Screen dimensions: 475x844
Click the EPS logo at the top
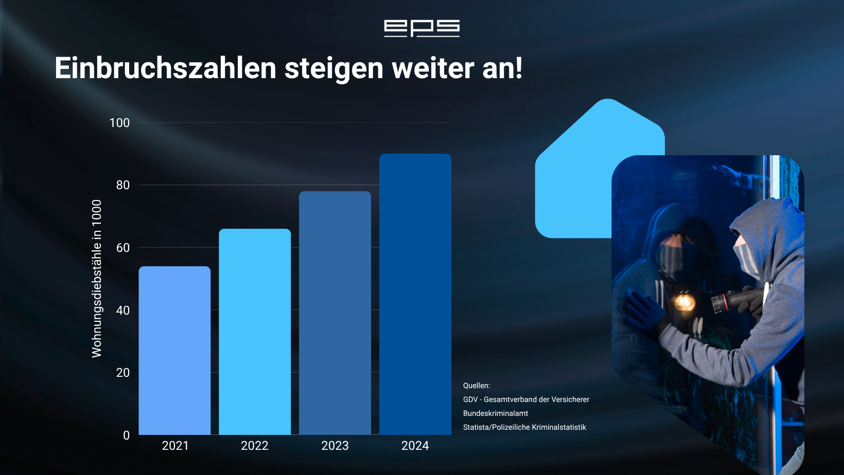[421, 28]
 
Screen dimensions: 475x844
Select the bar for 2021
[174, 350]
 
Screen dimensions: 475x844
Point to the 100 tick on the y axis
[119, 123]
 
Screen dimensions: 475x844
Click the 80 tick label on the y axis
[123, 185]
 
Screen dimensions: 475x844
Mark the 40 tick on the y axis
[123, 310]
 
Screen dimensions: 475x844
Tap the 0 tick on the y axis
[127, 435]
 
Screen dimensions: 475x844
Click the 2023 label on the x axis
[335, 446]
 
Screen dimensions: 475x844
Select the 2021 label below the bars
[175, 446]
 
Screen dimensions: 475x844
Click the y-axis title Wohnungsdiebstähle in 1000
[97, 279]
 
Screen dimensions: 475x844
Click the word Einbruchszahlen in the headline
[165, 68]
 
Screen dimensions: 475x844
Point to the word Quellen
[477, 386]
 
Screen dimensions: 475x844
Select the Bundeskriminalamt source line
[496, 413]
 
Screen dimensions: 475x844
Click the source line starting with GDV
[526, 399]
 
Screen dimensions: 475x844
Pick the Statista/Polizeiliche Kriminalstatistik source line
[524, 427]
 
